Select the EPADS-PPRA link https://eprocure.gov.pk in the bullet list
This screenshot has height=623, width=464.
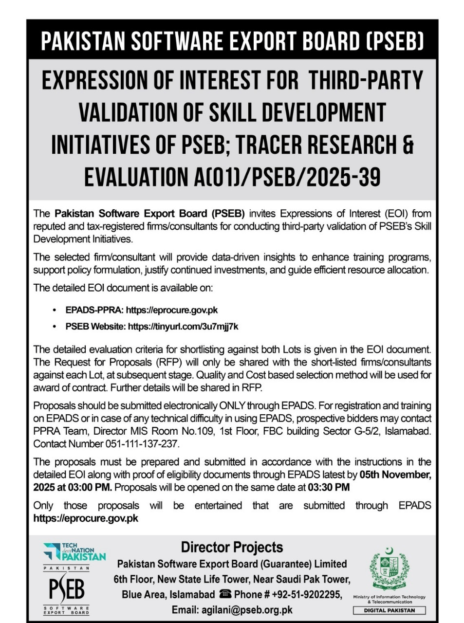172,310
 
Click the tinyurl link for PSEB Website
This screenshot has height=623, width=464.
183,327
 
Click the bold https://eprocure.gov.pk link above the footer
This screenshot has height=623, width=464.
86,518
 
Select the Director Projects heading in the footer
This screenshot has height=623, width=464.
232,547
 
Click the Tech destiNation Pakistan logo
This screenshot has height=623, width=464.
74,551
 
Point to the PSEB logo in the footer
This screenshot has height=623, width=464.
67,590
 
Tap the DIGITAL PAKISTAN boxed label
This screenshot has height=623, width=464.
389,610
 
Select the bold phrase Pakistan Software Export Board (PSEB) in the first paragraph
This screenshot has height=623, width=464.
149,214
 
